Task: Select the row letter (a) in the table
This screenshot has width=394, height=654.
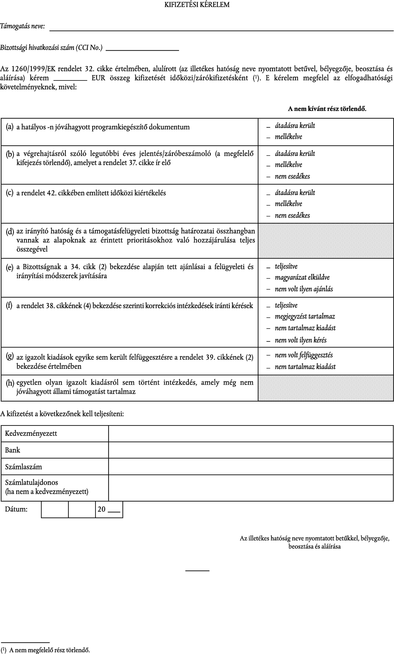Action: (x=10, y=127)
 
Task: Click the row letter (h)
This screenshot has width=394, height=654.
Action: (x=10, y=383)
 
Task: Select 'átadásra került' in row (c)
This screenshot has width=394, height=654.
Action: (x=295, y=193)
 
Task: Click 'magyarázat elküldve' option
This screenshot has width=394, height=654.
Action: (x=302, y=277)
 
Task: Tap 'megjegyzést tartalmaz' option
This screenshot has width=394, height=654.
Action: (x=305, y=317)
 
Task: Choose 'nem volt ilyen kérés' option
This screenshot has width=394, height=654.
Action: (x=301, y=340)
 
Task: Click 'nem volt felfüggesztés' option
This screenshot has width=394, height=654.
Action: (x=304, y=355)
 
